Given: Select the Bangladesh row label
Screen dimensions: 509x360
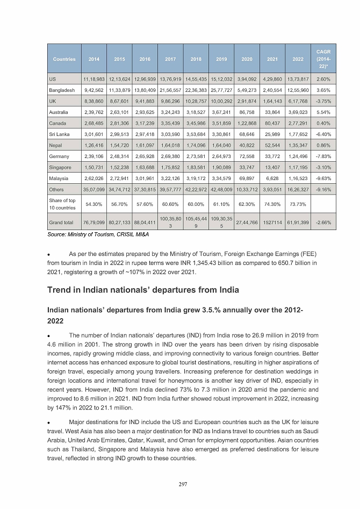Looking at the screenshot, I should click(62, 90).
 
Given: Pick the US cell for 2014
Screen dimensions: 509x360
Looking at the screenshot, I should click(94, 78).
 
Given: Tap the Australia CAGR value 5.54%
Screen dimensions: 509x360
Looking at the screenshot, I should click(324, 112).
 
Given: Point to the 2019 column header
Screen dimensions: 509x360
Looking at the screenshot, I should click(221, 59).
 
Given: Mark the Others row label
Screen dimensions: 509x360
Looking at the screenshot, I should click(56, 190).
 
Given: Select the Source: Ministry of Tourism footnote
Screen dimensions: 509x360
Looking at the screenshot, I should click(87, 234).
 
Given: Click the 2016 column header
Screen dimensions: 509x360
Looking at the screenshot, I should click(145, 59).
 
